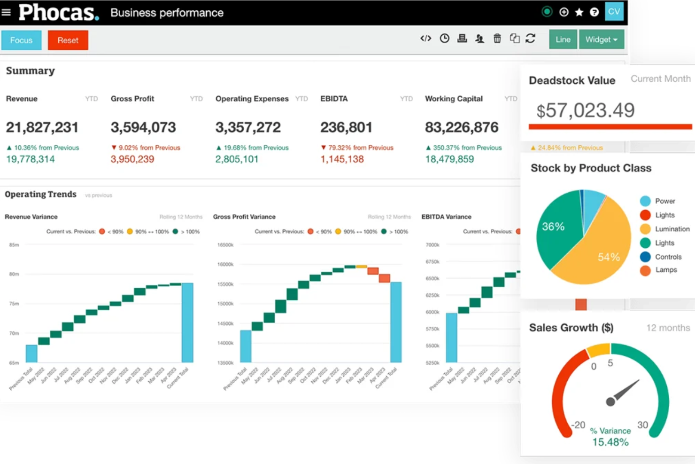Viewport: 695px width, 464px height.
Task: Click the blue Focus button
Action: [x=21, y=40]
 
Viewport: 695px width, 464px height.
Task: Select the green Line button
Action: [x=563, y=39]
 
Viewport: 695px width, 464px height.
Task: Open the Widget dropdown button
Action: [x=601, y=39]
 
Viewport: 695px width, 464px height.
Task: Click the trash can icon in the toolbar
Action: [x=497, y=39]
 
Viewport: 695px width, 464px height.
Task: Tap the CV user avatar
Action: [x=614, y=12]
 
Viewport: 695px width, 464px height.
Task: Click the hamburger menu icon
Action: [x=6, y=12]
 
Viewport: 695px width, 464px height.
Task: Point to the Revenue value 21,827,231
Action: [x=42, y=127]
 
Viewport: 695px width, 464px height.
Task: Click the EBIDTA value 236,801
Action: [x=346, y=127]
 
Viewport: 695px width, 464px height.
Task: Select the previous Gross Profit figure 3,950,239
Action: [x=132, y=159]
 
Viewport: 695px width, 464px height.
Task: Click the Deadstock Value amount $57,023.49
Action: [x=585, y=110]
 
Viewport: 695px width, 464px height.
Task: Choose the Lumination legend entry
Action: [x=672, y=229]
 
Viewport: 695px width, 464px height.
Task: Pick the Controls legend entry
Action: [x=668, y=257]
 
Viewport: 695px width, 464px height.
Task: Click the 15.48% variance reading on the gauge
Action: [x=610, y=442]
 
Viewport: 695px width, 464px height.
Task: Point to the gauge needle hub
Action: [x=610, y=401]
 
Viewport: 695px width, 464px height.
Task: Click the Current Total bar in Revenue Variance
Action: [x=187, y=322]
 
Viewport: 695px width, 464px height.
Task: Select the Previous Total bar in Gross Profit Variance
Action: [x=246, y=346]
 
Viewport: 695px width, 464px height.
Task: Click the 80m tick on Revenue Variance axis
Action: [x=14, y=274]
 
